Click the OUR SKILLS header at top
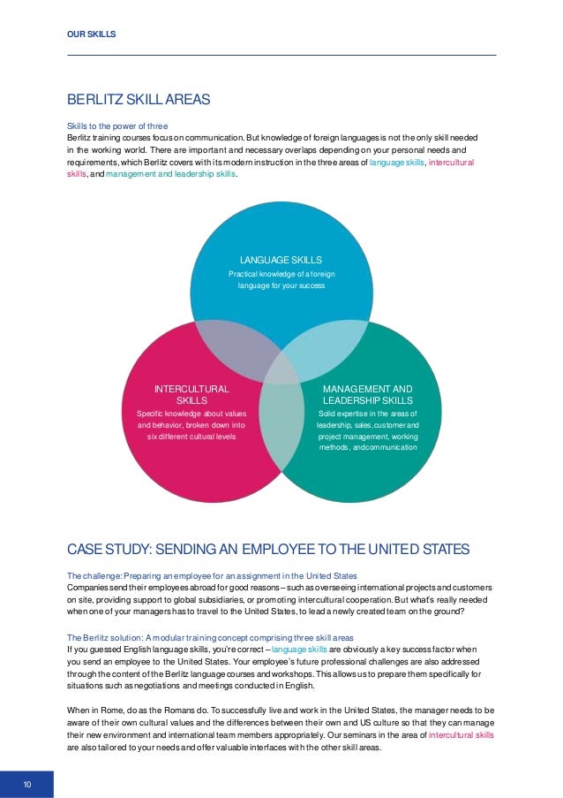coord(92,34)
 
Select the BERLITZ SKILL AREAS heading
coord(138,100)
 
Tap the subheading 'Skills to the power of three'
coord(117,126)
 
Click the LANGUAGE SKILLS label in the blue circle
coord(281,260)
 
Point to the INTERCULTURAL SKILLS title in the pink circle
coord(191,394)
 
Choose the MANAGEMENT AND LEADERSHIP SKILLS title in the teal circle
coord(367,394)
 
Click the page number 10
coord(27,784)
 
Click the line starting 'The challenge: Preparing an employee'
coord(212,575)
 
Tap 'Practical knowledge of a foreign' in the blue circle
coord(281,275)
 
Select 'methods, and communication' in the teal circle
coord(367,447)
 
